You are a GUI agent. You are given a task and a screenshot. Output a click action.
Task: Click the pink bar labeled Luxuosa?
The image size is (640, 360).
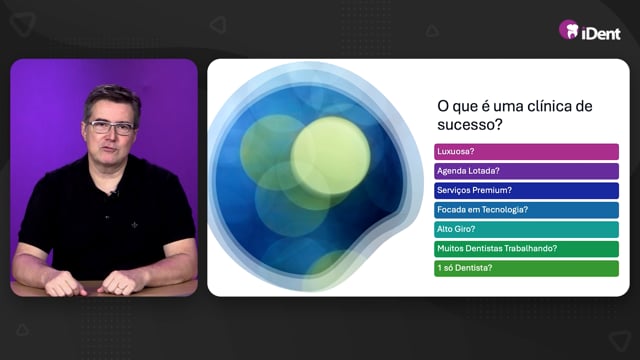coord(526,152)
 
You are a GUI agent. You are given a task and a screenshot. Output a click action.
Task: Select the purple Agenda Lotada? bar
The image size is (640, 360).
coord(526,171)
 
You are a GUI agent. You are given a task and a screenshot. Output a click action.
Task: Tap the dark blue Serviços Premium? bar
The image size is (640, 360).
coord(526,191)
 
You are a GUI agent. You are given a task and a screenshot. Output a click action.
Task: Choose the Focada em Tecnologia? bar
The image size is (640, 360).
coord(526,210)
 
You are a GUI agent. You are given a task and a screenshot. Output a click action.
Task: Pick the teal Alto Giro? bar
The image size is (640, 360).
coord(526,229)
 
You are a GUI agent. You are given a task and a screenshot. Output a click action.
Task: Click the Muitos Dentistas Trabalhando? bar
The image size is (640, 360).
coord(526,249)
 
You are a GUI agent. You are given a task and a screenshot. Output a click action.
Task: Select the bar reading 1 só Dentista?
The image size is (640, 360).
coord(526,269)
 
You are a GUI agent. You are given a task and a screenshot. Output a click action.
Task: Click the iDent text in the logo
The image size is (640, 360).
coord(601,33)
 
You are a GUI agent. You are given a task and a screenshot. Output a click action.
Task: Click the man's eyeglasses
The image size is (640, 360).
coord(111,127)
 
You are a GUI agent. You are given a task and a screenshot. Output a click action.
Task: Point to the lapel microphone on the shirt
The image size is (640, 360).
coord(114,192)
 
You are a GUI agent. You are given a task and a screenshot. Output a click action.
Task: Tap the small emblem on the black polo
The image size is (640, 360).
coord(134,224)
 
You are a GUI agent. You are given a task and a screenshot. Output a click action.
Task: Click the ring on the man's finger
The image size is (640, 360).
coord(119,289)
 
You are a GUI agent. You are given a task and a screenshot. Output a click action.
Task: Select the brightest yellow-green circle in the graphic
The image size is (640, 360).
coord(331,156)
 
